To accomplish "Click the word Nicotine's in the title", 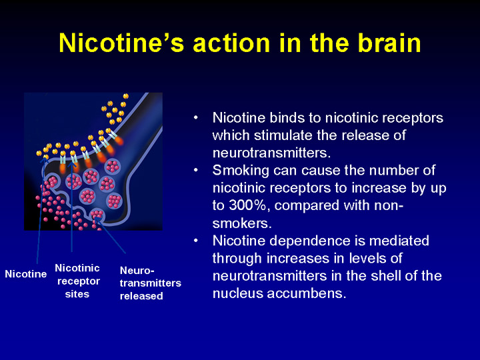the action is click(x=121, y=43).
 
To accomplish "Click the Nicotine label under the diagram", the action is click(x=26, y=274).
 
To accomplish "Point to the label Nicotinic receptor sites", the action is click(x=77, y=281).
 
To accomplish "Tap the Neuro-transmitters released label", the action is click(x=150, y=283).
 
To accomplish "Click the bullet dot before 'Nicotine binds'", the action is click(x=196, y=118).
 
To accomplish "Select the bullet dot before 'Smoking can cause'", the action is click(x=196, y=171).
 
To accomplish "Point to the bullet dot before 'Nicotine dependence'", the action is click(x=196, y=241).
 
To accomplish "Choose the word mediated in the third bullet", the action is click(x=399, y=241).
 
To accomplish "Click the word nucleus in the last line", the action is click(x=238, y=293).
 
